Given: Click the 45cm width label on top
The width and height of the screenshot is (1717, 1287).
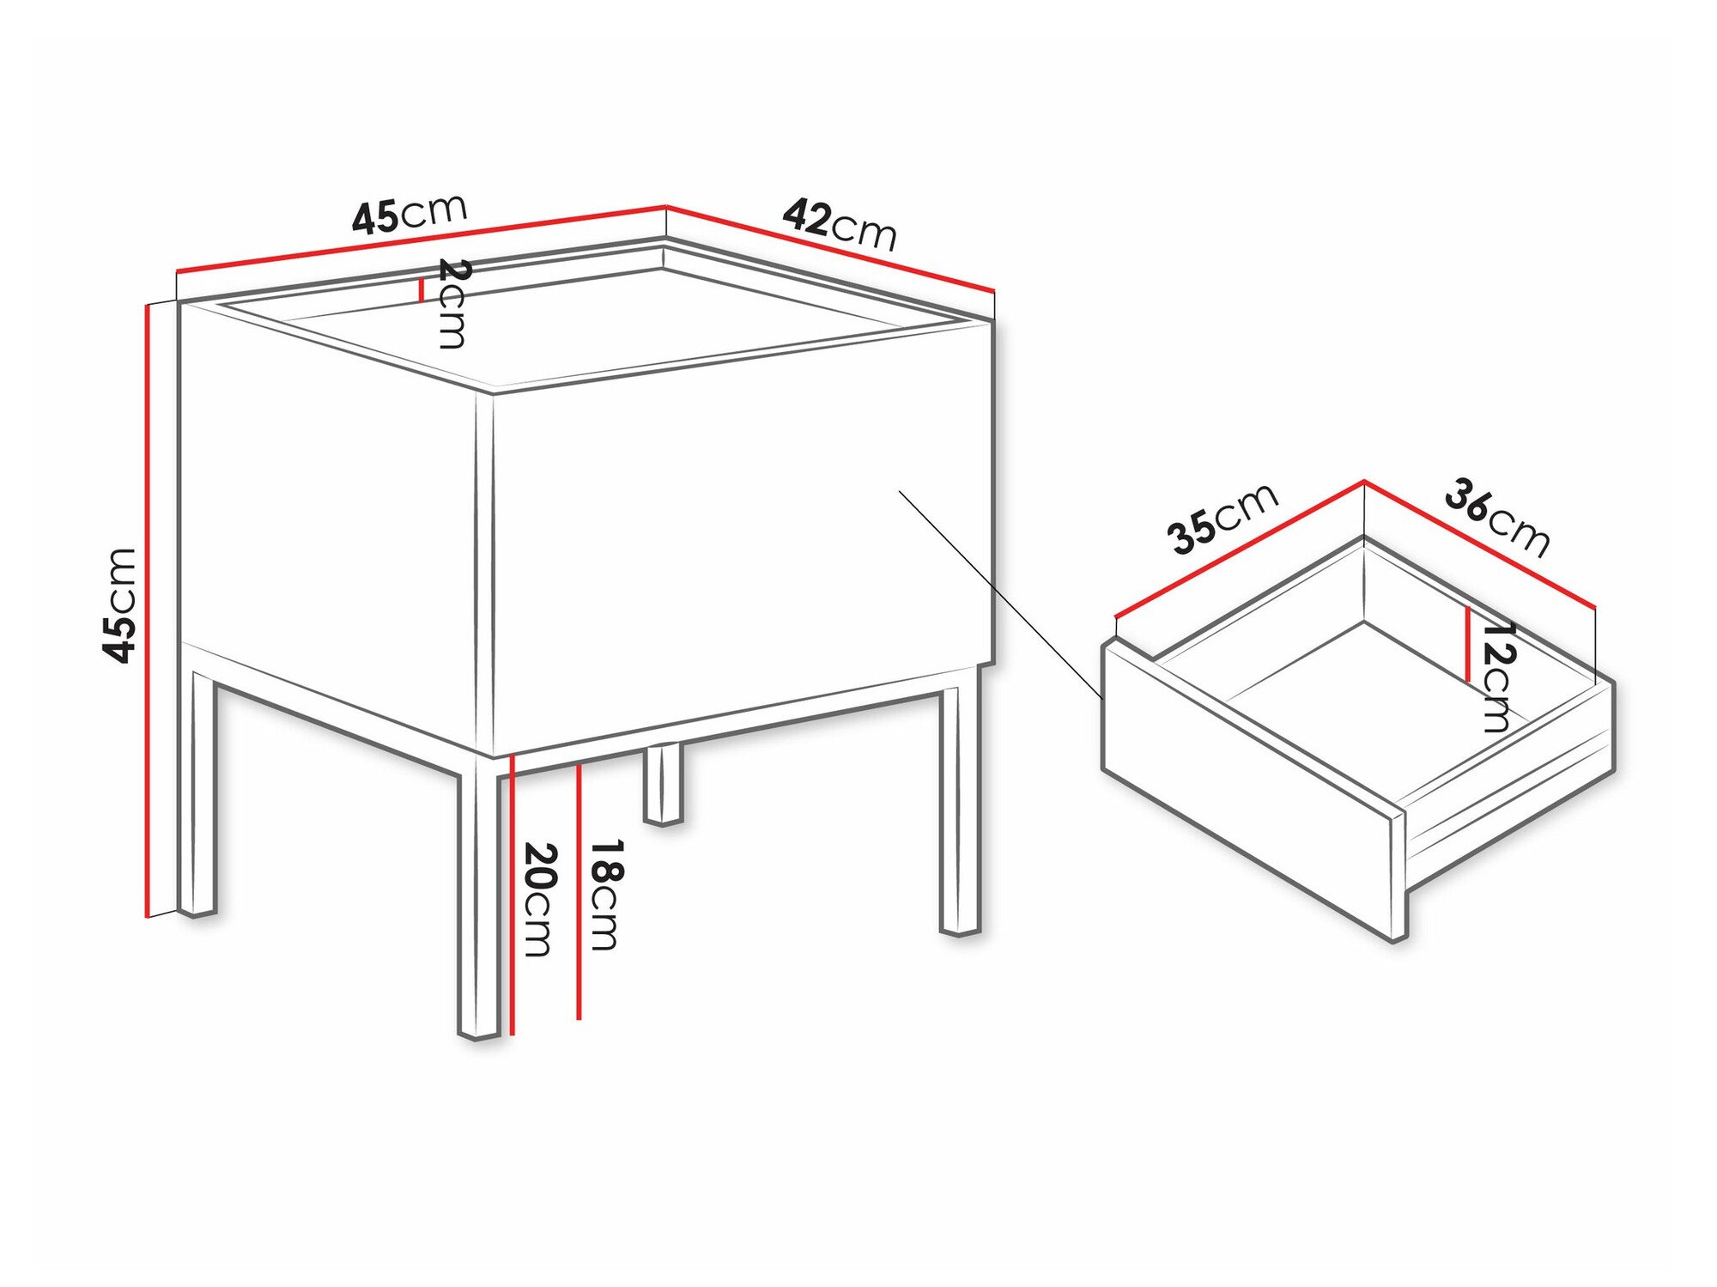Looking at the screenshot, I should (410, 214).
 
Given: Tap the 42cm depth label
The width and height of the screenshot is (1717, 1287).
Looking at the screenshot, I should (839, 224).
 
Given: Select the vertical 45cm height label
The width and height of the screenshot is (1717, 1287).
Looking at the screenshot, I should (120, 604).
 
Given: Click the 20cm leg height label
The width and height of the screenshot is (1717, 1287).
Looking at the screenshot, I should (539, 899).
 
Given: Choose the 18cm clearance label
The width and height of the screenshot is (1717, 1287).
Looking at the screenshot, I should (605, 895).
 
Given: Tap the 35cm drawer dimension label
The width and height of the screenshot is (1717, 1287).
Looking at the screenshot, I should (1222, 519).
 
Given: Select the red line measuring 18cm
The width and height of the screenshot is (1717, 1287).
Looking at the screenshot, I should (579, 893).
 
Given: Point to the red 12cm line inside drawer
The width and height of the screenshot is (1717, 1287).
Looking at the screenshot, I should (1468, 644).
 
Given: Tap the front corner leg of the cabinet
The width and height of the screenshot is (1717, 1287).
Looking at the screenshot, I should (478, 902).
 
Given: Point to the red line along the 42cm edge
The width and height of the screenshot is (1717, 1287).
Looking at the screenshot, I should (829, 248).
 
